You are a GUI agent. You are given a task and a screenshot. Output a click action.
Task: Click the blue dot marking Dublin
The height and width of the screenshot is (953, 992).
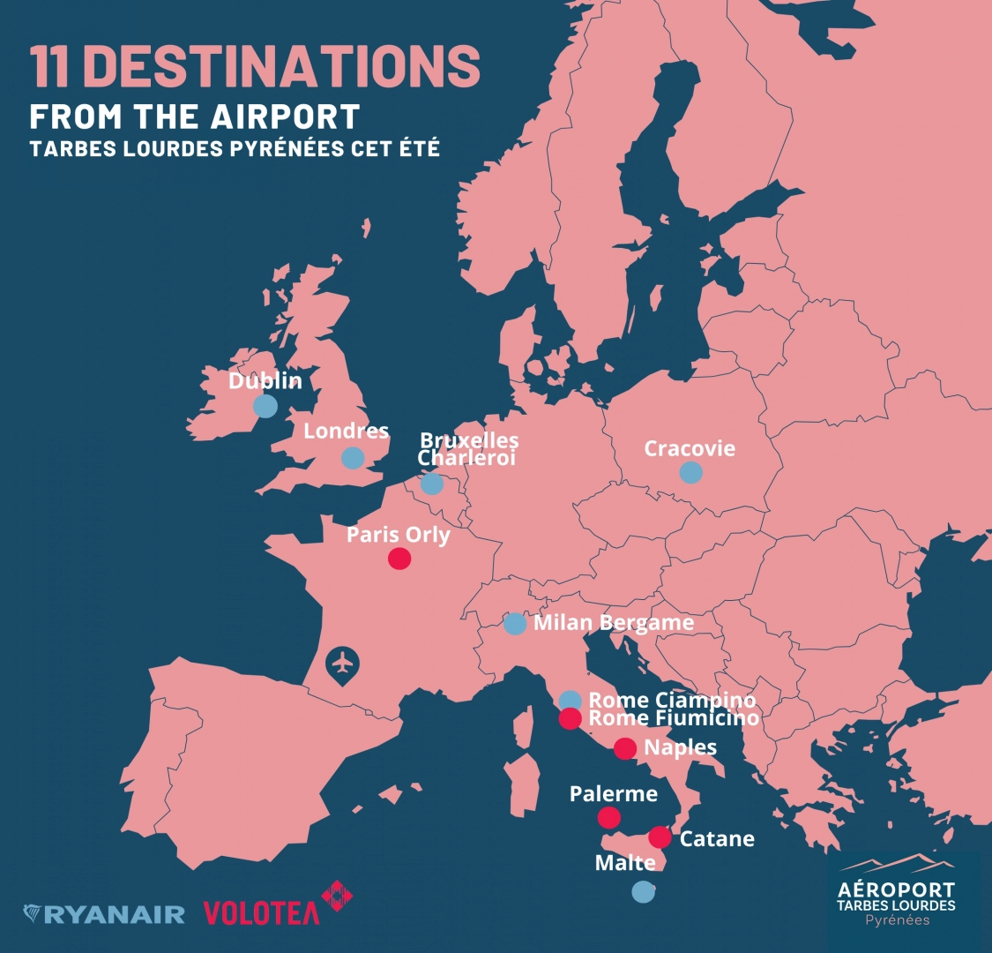pyautogui.click(x=265, y=406)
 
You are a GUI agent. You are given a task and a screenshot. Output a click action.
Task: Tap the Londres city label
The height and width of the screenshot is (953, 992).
pyautogui.click(x=346, y=431)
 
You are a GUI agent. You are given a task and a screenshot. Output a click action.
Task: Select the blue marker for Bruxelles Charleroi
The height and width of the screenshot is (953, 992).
pyautogui.click(x=432, y=484)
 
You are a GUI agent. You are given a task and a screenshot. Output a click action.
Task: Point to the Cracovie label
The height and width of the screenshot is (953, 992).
pyautogui.click(x=689, y=448)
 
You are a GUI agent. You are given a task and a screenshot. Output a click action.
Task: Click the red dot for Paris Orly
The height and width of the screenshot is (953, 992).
pyautogui.click(x=399, y=559)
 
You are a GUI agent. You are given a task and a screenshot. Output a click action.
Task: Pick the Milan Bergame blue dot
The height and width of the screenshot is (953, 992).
pyautogui.click(x=515, y=624)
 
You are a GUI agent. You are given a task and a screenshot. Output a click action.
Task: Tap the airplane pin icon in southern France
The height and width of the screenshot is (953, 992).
pyautogui.click(x=342, y=664)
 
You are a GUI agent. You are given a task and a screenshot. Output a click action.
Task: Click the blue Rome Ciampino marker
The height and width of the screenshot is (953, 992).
pyautogui.click(x=571, y=701)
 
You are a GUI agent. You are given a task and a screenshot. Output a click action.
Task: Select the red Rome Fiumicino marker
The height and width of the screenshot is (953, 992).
pyautogui.click(x=571, y=718)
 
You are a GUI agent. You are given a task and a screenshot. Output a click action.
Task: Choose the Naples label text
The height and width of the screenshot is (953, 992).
pyautogui.click(x=680, y=747)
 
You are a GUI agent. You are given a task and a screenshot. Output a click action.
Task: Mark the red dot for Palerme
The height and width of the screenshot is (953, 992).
pyautogui.click(x=608, y=817)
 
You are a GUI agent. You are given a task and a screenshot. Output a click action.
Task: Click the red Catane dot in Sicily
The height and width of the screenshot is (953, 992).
pyautogui.click(x=660, y=837)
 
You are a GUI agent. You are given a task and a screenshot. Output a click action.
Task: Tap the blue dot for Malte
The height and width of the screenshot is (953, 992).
pyautogui.click(x=644, y=892)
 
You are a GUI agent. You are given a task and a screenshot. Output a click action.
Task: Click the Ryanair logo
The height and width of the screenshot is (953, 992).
pyautogui.click(x=104, y=914)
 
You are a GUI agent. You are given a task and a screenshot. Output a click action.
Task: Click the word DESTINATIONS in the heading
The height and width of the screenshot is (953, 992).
pyautogui.click(x=287, y=66)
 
